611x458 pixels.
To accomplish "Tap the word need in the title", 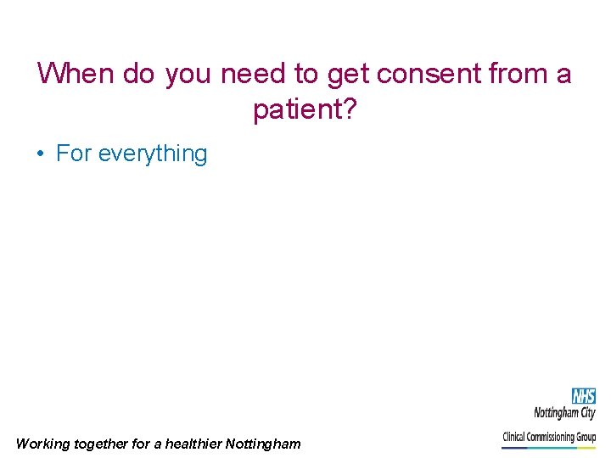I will pos(254,74).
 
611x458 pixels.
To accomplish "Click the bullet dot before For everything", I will pos(40,154).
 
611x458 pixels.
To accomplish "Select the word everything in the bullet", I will pos(153,154).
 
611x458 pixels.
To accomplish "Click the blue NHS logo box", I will pos(583,396).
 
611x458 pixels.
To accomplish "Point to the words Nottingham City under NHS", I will pos(564,413).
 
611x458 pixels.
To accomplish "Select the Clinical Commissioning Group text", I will pos(549,437).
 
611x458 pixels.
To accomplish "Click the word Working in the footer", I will pos(44,444).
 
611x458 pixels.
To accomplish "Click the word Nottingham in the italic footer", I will pos(263,444).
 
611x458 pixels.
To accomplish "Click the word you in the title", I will pos(189,75).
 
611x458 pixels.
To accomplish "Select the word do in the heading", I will pos(138,74).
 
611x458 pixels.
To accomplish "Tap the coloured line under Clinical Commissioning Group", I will pos(549,447).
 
